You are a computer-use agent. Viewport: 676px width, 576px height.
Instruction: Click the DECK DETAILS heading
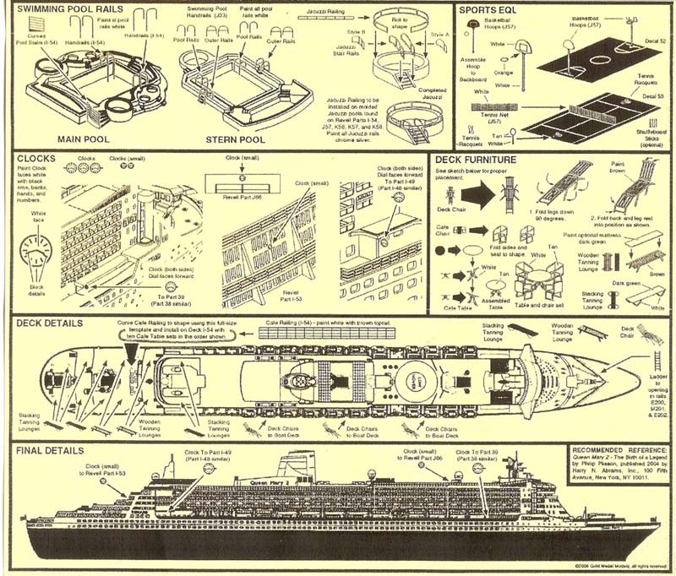coord(49,323)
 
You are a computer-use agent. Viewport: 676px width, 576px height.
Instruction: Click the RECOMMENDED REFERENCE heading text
coord(621,449)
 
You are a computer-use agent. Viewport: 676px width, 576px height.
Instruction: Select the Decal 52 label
coord(656,41)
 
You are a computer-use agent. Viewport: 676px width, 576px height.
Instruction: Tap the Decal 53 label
coord(656,97)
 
